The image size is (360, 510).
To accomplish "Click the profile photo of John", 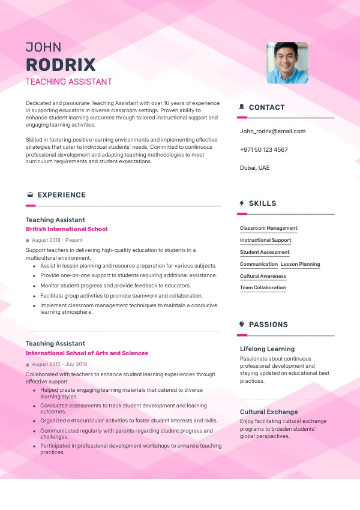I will tap(287, 62).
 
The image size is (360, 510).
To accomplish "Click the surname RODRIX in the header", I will tap(61, 65).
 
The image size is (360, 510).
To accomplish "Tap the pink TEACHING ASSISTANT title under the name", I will tap(68, 82).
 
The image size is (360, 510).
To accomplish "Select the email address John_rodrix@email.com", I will tap(272, 131).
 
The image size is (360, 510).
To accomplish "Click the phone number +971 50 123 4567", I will tap(263, 149).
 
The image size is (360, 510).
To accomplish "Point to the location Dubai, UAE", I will tap(254, 167).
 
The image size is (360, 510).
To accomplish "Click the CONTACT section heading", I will tap(266, 107).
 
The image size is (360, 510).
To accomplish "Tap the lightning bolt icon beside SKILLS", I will tap(241, 203).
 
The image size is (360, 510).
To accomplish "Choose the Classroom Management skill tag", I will tap(268, 228).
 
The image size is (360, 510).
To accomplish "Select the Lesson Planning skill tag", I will tap(300, 264).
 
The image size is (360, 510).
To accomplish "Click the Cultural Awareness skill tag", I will tap(263, 276).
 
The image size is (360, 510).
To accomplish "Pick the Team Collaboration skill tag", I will tap(263, 287).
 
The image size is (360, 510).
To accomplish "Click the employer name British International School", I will tap(67, 229).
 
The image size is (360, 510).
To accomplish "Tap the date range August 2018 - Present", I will tap(57, 240).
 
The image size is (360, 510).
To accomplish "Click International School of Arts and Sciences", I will tap(86, 353).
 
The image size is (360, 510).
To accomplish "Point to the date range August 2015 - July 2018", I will tap(59, 364).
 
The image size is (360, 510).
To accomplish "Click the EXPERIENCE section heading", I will tap(61, 195).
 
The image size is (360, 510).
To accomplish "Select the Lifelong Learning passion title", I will tap(267, 349).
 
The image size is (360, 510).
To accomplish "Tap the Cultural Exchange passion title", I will tap(269, 412).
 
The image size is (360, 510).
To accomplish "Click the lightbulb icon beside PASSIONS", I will tap(241, 325).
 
